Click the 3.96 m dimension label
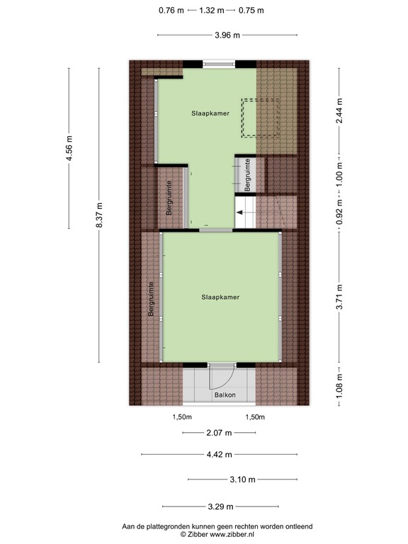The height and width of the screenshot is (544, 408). pyautogui.click(x=227, y=35)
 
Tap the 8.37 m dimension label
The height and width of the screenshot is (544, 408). pyautogui.click(x=100, y=220)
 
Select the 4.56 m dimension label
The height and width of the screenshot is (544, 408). pyautogui.click(x=69, y=148)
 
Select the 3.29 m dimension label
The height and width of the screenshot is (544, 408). pyautogui.click(x=220, y=506)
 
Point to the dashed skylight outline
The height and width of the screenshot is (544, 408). pyautogui.click(x=261, y=118)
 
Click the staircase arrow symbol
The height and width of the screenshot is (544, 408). pyautogui.click(x=245, y=211)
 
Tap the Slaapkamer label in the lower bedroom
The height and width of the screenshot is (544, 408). pyautogui.click(x=220, y=297)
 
